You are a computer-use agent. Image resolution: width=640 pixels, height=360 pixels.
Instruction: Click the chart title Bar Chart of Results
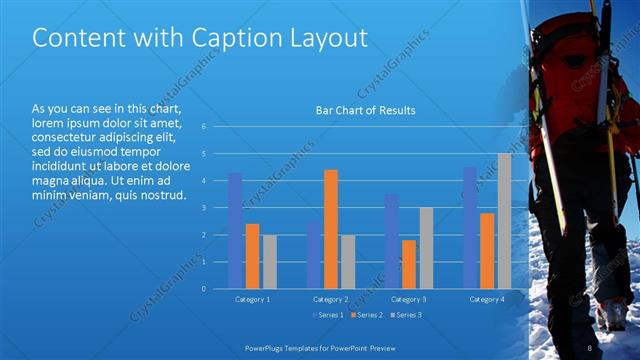(x=365, y=110)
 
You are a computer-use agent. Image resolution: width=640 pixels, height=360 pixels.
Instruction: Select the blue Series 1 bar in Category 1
(x=235, y=231)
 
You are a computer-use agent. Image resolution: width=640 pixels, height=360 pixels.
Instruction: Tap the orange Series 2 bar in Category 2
(x=331, y=229)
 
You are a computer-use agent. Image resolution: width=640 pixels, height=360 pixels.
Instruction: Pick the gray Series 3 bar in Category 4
(x=504, y=221)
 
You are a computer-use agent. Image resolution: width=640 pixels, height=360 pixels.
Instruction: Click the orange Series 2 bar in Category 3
(x=409, y=264)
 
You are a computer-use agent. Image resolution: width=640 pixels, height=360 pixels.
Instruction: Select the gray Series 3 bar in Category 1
(x=269, y=262)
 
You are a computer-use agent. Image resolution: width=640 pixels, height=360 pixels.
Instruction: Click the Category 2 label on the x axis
(x=331, y=299)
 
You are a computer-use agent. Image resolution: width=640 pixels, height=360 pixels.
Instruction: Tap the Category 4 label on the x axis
(x=487, y=299)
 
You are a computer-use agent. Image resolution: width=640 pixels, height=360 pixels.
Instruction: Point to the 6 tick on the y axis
(x=203, y=127)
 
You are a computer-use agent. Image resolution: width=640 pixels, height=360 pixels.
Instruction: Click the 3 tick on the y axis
(x=203, y=208)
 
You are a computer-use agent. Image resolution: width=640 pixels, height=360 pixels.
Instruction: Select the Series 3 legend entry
(x=405, y=316)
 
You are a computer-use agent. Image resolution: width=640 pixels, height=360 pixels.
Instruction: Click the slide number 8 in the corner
(x=589, y=347)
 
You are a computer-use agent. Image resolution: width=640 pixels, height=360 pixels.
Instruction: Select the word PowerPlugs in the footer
(x=265, y=347)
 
